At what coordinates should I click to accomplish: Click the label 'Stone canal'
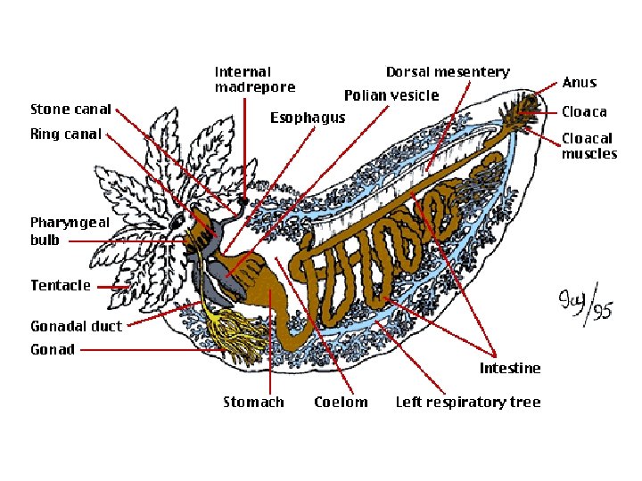tap(70, 110)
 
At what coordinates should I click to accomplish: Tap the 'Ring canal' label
tap(65, 135)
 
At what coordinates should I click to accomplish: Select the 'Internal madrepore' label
tap(254, 79)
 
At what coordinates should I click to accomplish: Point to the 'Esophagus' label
tap(308, 118)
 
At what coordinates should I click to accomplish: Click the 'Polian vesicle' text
tap(391, 95)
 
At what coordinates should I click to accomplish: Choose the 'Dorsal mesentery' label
tap(448, 72)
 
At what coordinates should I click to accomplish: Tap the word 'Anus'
tap(579, 83)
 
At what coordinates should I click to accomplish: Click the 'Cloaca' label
tap(583, 112)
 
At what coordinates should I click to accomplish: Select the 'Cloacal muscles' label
tap(588, 146)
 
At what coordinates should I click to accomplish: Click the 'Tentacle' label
tap(61, 286)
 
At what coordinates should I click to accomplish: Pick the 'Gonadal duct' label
tap(76, 326)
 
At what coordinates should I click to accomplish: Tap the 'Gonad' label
tap(53, 350)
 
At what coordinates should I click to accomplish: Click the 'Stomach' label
tap(253, 403)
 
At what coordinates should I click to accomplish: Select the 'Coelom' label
tap(341, 403)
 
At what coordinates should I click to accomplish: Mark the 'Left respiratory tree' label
tap(467, 403)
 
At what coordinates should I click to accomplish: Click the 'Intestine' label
tap(509, 368)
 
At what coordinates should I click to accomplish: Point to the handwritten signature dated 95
tap(584, 307)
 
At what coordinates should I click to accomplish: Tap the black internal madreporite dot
tap(242, 202)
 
